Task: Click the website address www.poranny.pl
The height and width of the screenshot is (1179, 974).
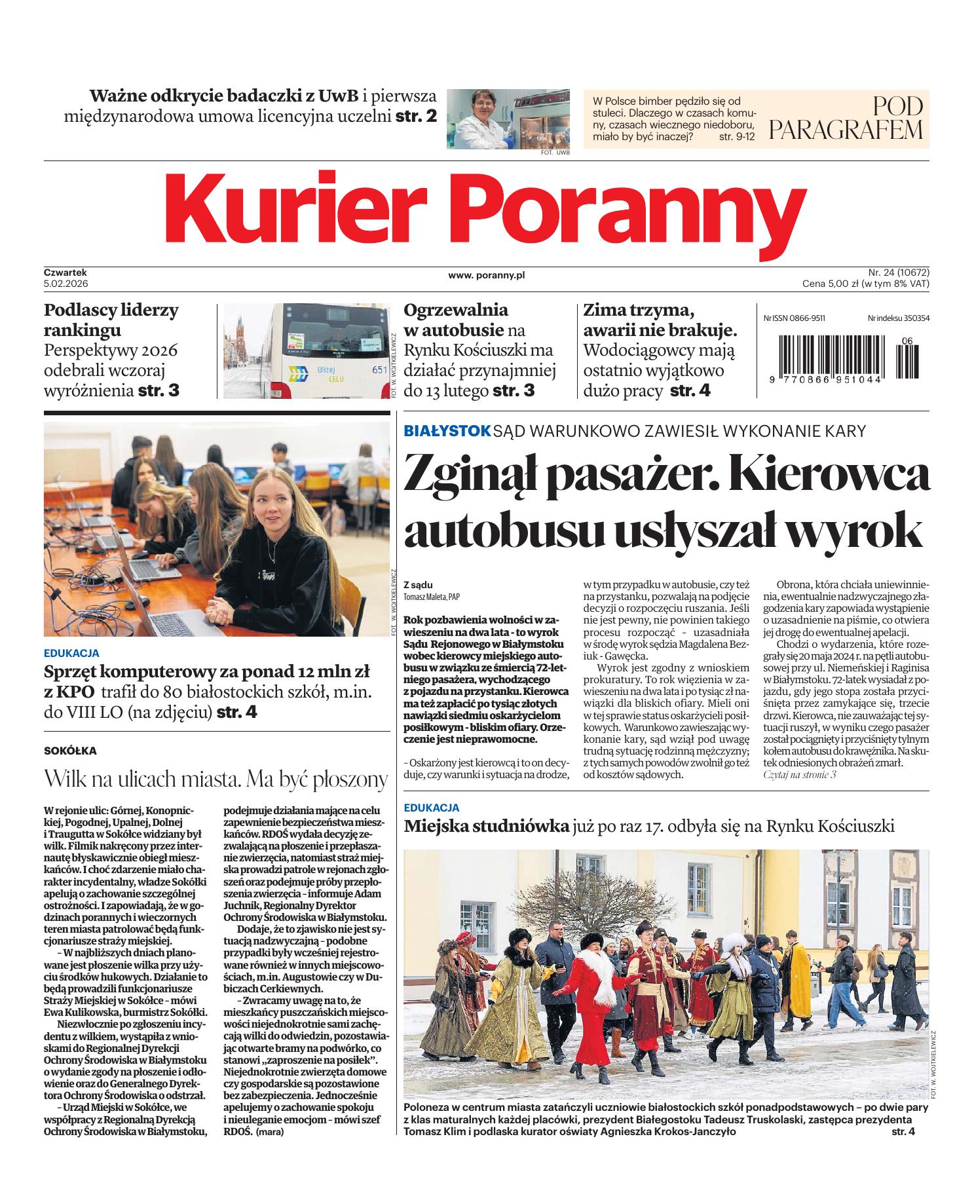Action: [486, 276]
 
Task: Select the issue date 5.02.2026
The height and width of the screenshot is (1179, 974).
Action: [66, 284]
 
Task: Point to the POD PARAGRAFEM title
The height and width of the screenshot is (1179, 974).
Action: [846, 119]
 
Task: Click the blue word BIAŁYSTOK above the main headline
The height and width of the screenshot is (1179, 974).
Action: [447, 430]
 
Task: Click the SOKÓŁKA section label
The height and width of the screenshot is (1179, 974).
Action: [70, 751]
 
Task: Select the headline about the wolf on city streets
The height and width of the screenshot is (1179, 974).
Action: [216, 779]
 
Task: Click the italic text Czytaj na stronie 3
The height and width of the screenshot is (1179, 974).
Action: [800, 775]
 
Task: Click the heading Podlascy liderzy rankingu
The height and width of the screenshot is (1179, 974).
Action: [111, 319]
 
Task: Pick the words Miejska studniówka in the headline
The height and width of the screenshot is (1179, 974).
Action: [486, 826]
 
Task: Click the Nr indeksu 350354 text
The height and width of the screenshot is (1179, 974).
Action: [898, 318]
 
